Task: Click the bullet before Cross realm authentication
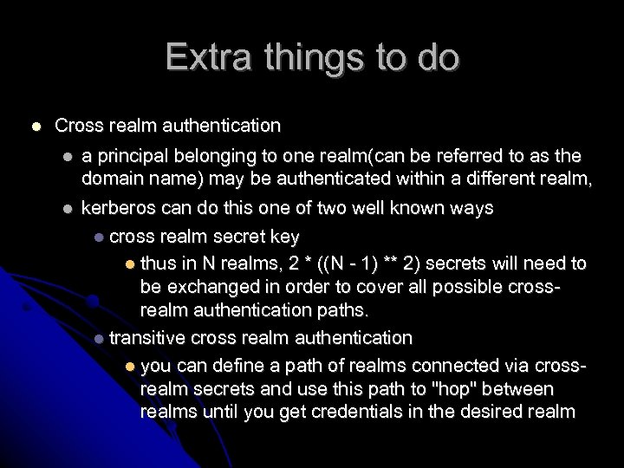35,127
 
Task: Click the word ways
471,208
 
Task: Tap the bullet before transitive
101,338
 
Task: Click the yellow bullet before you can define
129,366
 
